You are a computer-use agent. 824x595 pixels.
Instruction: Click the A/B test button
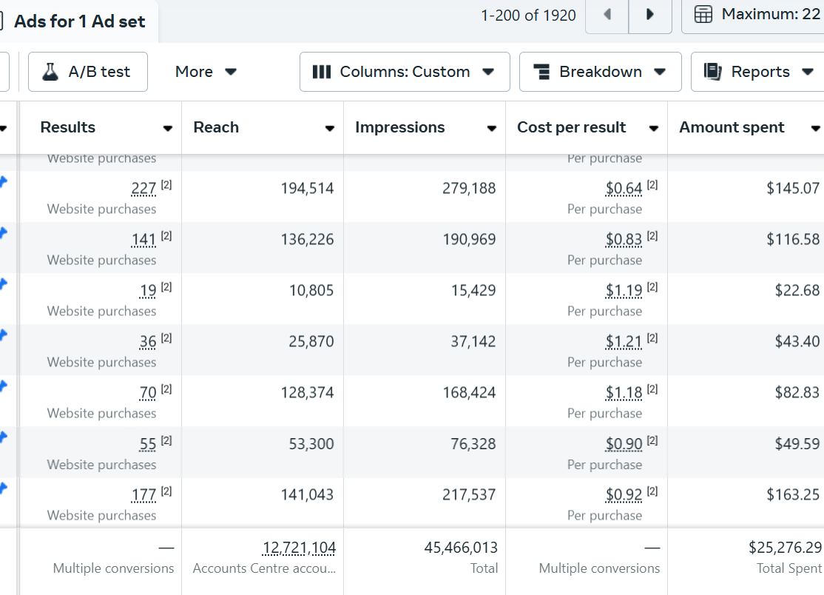click(87, 72)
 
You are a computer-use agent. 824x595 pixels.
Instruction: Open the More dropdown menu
click(206, 72)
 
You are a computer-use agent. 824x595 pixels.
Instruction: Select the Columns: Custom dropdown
click(404, 72)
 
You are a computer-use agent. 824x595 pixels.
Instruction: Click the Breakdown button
click(600, 72)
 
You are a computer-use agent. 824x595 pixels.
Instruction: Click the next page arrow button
click(650, 15)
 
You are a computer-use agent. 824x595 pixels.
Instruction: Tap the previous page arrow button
click(607, 15)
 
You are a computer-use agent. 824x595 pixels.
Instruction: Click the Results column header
click(68, 127)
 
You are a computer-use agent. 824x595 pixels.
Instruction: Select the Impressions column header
click(400, 127)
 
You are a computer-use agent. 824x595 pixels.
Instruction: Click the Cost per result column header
click(572, 127)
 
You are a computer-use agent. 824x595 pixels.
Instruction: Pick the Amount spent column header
click(732, 127)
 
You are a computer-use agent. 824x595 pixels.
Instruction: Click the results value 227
click(143, 189)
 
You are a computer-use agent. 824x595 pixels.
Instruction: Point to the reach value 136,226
click(307, 240)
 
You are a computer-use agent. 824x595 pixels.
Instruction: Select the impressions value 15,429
click(473, 291)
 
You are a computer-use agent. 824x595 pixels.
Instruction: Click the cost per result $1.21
click(624, 342)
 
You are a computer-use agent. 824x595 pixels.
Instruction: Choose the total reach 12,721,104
click(299, 548)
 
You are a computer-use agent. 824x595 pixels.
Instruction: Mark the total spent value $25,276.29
click(785, 548)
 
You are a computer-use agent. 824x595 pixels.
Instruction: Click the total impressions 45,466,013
click(461, 548)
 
